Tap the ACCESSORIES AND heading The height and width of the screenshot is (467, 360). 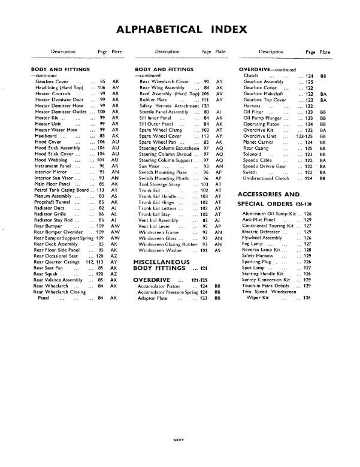click(x=268, y=195)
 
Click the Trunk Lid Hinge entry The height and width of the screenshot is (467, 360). click(x=157, y=203)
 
